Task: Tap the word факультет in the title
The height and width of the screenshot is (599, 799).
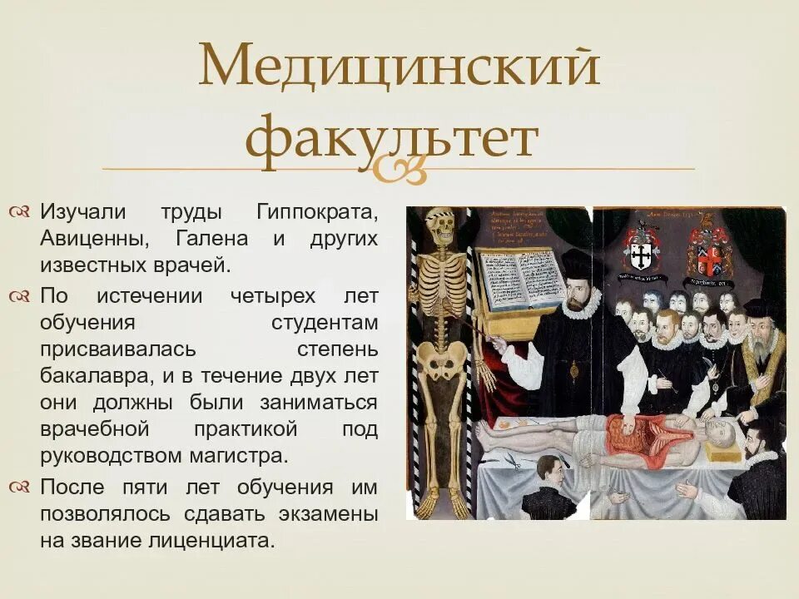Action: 392,140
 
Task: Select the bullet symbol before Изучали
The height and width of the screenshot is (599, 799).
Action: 21,212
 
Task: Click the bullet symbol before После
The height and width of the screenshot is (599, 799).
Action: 21,486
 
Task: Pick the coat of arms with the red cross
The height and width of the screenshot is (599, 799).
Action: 708,250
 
